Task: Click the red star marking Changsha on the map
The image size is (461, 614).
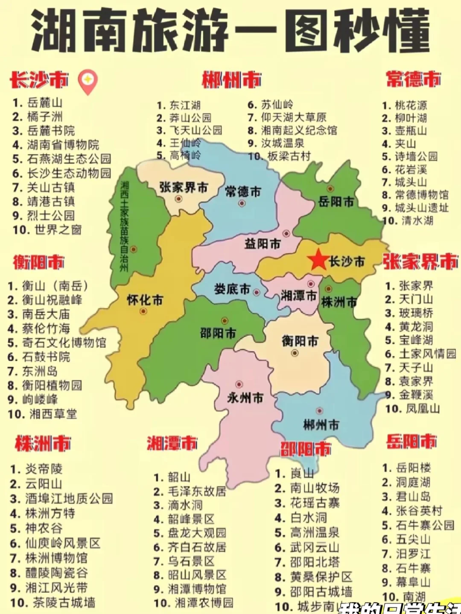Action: click(318, 260)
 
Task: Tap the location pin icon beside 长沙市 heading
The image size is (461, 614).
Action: click(88, 81)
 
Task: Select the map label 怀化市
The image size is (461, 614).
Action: click(145, 300)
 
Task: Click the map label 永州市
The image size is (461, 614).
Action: click(245, 398)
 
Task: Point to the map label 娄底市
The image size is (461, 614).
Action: click(232, 289)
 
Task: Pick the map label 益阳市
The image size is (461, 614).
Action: click(263, 244)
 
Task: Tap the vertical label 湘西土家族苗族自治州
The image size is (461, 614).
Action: click(124, 226)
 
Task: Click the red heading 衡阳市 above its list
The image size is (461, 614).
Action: click(38, 262)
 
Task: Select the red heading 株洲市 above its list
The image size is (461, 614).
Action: click(43, 444)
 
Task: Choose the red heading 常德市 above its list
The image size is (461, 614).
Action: click(413, 79)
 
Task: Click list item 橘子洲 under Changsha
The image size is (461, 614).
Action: click(45, 117)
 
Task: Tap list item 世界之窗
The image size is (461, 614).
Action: click(58, 230)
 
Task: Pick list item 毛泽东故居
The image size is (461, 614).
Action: click(196, 491)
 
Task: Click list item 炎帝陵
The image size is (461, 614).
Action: click(44, 469)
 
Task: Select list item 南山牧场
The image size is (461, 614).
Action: click(315, 488)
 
